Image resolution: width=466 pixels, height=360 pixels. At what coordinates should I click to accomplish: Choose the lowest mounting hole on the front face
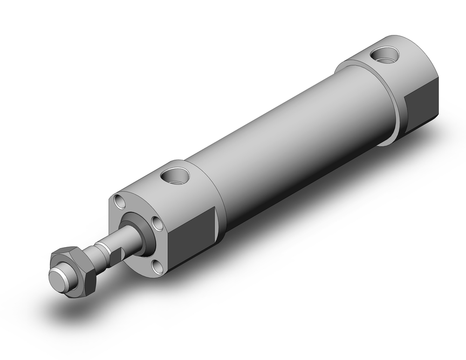click(158, 267)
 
